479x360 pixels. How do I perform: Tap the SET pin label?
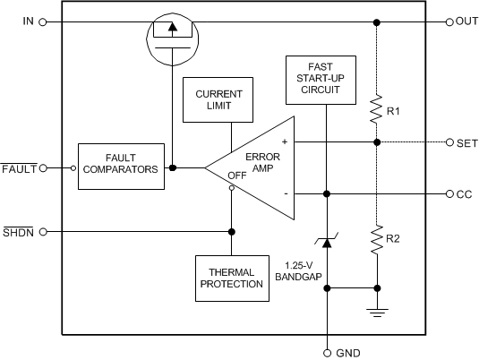pyautogui.click(x=466, y=142)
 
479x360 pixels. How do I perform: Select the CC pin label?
pyautogui.click(x=465, y=193)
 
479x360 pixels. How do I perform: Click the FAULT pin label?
pyautogui.click(x=18, y=167)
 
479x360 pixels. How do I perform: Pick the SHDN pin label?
pyautogui.click(x=18, y=231)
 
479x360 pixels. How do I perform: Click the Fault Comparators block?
pyautogui.click(x=122, y=167)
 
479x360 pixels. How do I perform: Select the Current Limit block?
pyautogui.click(x=211, y=99)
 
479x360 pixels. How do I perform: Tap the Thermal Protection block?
pyautogui.click(x=232, y=277)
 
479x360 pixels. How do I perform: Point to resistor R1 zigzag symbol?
pyautogui.click(x=376, y=110)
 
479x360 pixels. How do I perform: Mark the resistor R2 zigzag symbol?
pyautogui.click(x=376, y=240)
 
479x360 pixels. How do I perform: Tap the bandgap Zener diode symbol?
pyautogui.click(x=328, y=244)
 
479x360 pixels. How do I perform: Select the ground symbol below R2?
pyautogui.click(x=376, y=312)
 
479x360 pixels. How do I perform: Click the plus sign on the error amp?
pyautogui.click(x=285, y=141)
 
